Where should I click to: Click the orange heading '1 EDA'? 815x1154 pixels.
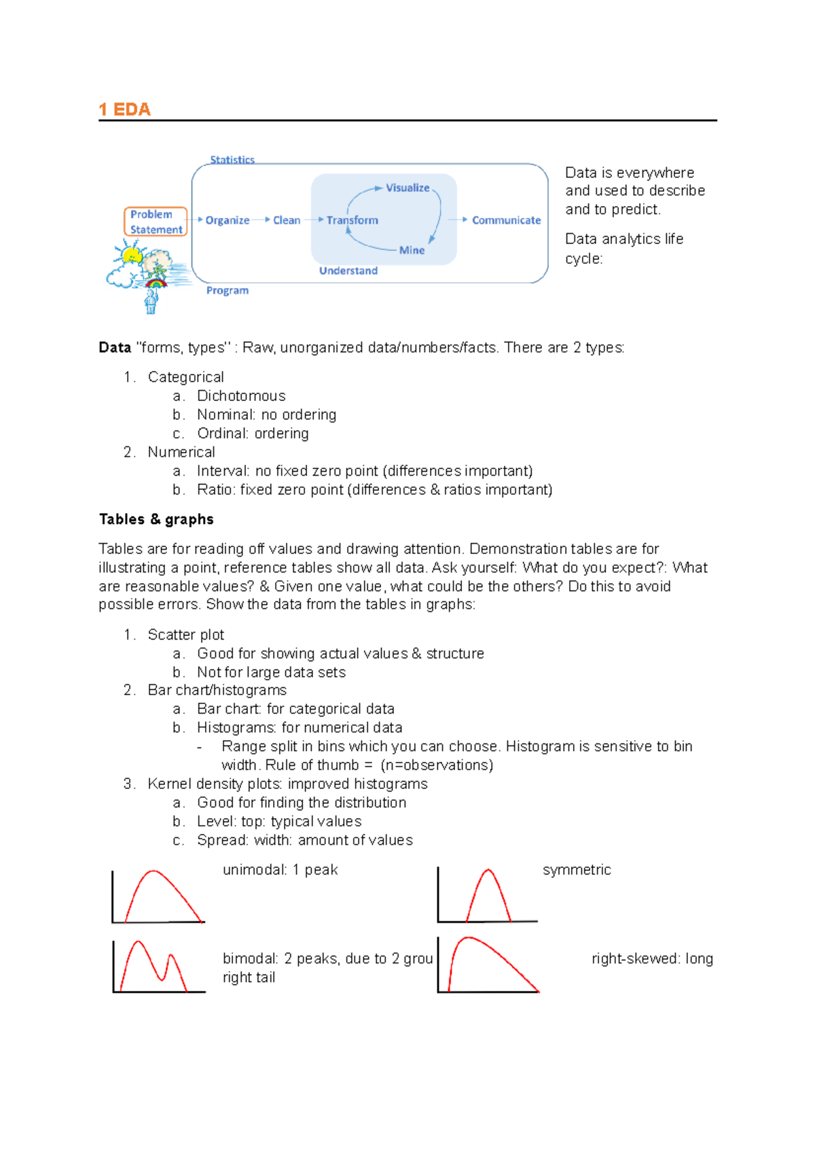point(124,109)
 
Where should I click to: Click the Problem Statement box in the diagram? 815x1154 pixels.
point(156,222)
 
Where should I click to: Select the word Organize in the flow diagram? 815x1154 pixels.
point(227,220)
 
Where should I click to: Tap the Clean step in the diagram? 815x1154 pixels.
point(287,220)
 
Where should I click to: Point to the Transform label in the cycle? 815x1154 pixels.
point(352,220)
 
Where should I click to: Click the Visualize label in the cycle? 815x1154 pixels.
point(407,188)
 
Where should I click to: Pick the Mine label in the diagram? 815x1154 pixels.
point(412,250)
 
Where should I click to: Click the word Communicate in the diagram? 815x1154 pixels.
point(506,220)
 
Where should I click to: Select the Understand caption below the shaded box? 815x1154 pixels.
point(348,270)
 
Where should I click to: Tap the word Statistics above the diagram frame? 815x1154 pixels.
point(232,160)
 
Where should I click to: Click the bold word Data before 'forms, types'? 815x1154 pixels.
point(115,347)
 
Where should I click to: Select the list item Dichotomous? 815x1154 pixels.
point(241,396)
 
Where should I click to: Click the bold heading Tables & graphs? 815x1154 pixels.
point(156,519)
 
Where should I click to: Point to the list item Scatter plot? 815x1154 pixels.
point(185,634)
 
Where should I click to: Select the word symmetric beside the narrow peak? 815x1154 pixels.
point(577,870)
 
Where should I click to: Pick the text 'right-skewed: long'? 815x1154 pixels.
point(652,958)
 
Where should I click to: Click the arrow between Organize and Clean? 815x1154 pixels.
point(261,220)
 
